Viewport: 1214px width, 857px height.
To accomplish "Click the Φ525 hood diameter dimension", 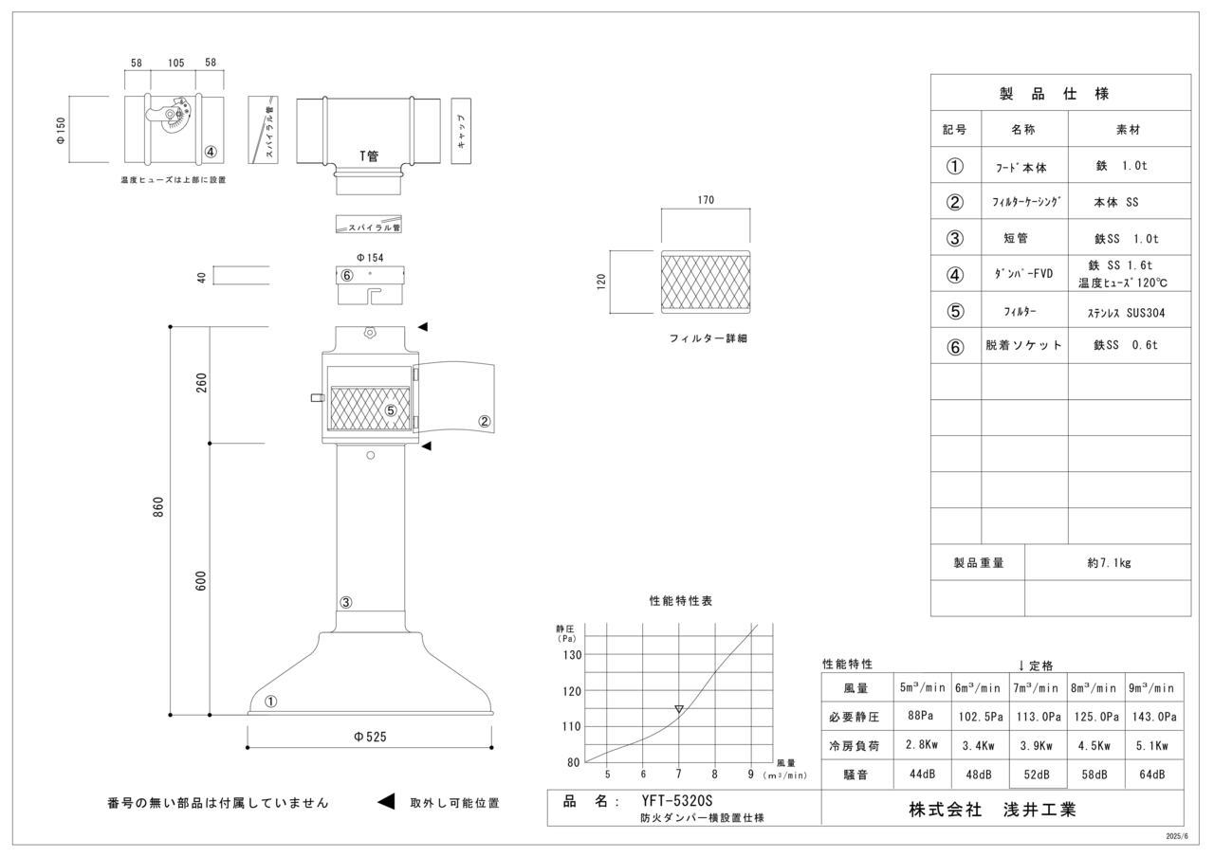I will point(370,737).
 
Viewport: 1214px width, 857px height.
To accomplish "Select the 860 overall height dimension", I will point(159,507).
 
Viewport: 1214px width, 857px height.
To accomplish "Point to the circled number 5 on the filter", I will point(390,410).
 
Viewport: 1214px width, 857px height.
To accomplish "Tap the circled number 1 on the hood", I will point(270,702).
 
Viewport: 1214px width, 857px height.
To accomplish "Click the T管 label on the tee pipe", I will point(368,156).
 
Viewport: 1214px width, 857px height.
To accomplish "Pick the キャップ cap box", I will point(461,130).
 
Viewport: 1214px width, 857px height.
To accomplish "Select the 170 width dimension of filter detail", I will point(706,200).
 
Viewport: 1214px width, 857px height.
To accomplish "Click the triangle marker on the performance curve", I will point(679,708).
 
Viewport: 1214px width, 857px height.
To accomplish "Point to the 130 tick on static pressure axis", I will point(571,655).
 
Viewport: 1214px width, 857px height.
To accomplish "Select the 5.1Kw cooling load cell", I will point(1153,746).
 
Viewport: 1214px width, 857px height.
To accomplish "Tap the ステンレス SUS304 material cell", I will point(1128,311).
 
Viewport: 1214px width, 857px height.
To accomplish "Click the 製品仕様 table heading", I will point(1059,93).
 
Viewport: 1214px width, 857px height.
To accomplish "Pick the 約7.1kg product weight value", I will point(1108,562).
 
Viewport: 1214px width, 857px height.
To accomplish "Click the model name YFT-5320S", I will point(676,801).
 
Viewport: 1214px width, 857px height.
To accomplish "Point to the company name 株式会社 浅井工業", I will point(992,810).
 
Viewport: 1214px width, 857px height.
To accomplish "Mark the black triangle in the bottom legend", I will point(386,802).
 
